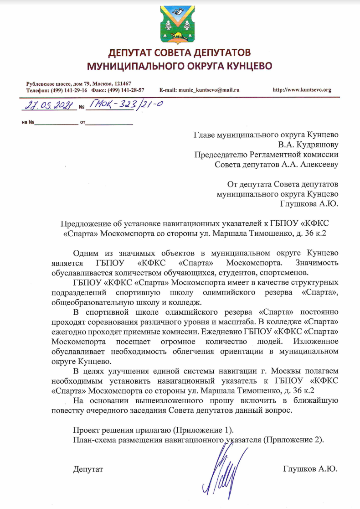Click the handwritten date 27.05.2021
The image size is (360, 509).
tap(47, 106)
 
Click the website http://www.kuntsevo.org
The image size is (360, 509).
tap(302, 90)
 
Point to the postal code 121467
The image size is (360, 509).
tap(122, 84)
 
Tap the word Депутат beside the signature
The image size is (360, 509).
tap(88, 468)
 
